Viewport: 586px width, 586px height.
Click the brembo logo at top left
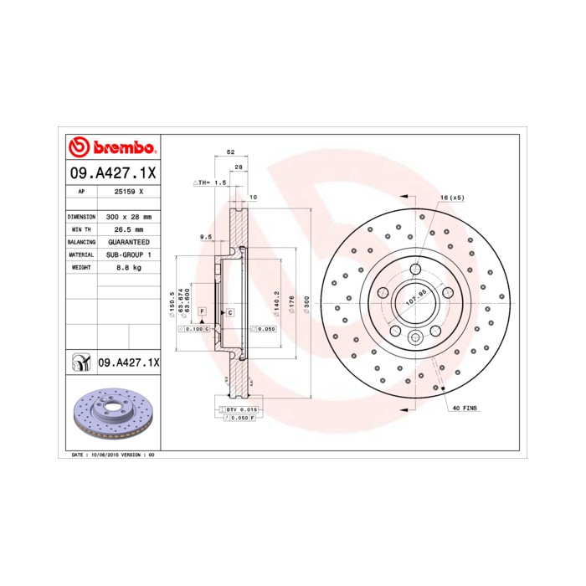coord(111,148)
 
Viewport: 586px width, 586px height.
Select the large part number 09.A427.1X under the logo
coord(111,172)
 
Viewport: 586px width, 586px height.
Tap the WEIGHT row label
coord(80,267)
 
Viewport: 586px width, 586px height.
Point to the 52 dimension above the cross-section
coord(229,152)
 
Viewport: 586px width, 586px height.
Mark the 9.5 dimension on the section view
coord(205,238)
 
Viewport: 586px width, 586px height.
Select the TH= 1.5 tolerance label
coord(211,182)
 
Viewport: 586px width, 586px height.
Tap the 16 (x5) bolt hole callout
coord(452,197)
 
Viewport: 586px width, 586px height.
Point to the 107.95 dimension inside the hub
coord(416,294)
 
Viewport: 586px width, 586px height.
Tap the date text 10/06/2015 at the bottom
coord(105,454)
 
